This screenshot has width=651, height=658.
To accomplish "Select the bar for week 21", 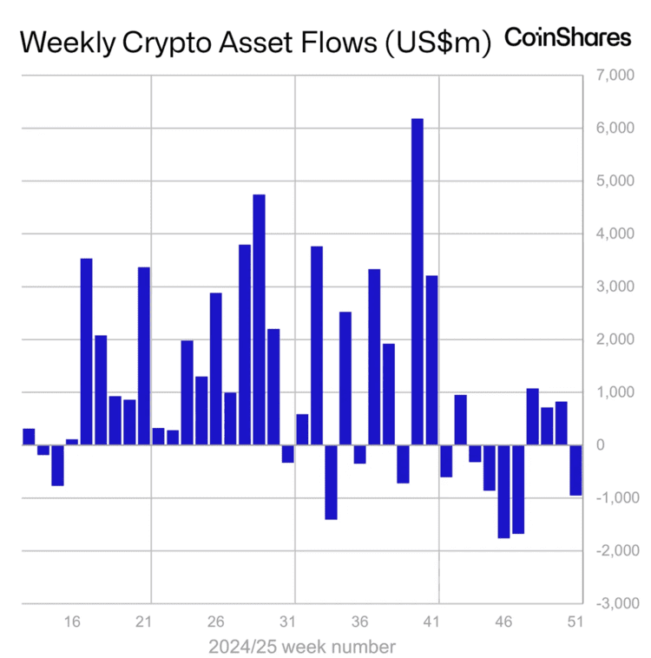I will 144,356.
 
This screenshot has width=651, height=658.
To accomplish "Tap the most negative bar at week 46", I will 503,491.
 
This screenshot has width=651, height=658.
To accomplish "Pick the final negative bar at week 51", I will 575,470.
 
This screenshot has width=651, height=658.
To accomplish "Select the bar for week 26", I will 216,369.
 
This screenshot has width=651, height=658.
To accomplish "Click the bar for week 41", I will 431,360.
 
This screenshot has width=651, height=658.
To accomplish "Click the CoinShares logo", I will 569,37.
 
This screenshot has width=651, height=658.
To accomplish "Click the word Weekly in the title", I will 65,41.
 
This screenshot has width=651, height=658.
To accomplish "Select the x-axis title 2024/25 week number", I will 302,647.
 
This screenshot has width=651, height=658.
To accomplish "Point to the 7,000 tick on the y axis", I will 617,76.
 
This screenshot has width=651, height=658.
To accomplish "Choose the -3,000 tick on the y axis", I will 615,603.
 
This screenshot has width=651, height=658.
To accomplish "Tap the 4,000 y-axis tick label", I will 617,234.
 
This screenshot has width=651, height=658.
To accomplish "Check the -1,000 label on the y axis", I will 615,498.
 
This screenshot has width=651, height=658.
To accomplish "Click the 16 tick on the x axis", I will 73,622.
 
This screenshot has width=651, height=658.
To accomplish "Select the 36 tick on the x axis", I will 360,622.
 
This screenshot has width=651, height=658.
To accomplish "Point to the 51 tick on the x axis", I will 575,622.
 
